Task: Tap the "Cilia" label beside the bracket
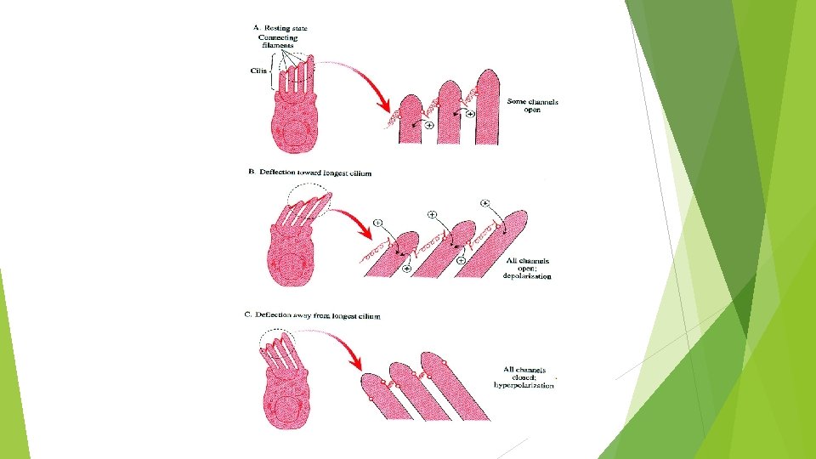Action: [258, 71]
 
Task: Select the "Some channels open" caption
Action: [533, 106]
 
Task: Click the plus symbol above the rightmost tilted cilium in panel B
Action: [484, 203]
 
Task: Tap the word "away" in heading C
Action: [304, 315]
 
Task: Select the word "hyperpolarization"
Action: [524, 385]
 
